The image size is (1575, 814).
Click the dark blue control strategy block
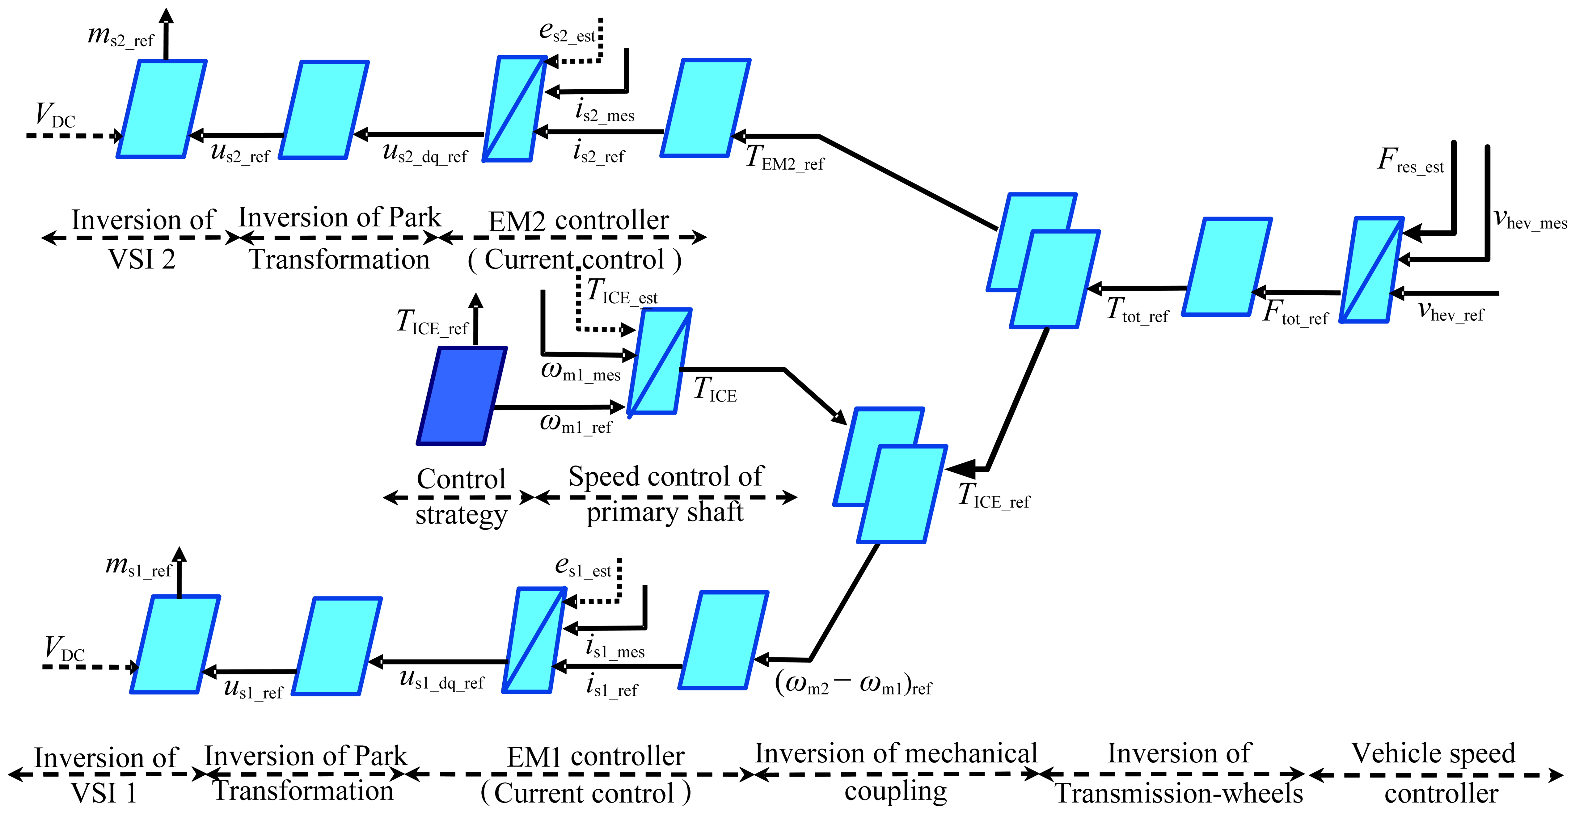coord(462,396)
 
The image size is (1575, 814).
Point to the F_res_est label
coord(1410,162)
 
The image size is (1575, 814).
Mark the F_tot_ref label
coord(1295,313)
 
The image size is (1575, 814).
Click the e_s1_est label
coord(583,566)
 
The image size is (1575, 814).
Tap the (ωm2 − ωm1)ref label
coord(853,683)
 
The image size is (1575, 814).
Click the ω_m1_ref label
coord(575,423)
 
